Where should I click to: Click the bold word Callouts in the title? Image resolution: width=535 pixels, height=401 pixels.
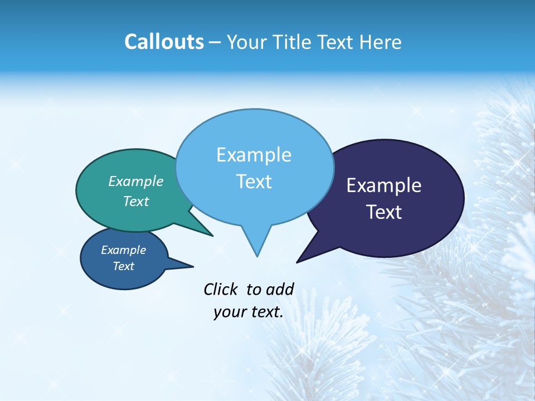coord(164,42)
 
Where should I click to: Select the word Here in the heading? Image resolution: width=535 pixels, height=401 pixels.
coord(381,42)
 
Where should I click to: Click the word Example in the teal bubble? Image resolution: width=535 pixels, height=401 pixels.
coord(136,181)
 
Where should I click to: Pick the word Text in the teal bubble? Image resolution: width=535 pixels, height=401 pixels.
coord(136,201)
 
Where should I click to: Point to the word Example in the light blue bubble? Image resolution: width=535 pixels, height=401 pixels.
coord(254,155)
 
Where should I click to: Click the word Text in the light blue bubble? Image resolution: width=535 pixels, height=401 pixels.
coord(254,182)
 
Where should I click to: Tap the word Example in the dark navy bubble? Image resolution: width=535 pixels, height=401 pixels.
coord(384,185)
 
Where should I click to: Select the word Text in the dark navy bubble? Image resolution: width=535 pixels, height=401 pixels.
coord(384,212)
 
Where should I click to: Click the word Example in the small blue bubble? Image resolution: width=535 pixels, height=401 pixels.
coord(124,250)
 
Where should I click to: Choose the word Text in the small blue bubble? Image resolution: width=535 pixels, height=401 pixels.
coord(124,266)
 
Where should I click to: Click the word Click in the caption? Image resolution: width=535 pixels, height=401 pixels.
coord(221,289)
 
